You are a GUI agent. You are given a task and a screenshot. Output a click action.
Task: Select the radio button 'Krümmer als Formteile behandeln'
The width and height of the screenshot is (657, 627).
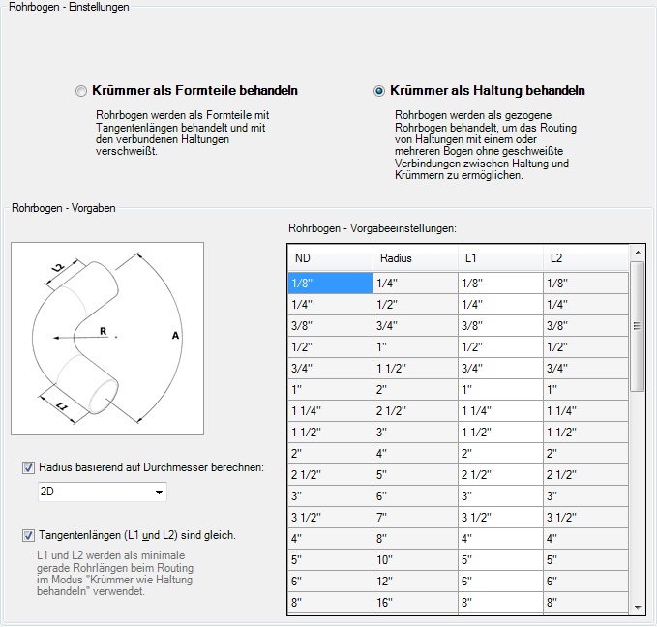81,91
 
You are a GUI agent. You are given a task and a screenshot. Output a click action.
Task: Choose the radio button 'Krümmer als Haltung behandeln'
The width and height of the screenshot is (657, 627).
379,91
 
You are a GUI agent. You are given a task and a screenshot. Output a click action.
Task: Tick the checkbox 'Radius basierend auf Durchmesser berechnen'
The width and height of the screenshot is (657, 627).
28,468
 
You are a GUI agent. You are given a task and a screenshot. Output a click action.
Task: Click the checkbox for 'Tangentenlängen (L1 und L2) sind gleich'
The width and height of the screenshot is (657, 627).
28,535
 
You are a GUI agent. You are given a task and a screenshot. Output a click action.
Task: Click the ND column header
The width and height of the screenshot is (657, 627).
330,258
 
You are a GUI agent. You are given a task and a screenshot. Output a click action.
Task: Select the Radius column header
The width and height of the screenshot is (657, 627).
415,258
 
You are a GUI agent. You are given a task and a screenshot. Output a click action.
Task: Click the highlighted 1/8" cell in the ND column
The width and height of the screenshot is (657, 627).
330,284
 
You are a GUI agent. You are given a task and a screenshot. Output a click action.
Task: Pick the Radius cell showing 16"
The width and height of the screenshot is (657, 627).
415,603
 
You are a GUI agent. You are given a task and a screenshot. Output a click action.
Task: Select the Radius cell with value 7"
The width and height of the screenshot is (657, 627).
415,518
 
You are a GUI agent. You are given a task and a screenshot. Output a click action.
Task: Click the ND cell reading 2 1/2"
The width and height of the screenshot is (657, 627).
330,475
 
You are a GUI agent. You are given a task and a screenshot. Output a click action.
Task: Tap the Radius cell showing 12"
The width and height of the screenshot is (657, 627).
415,582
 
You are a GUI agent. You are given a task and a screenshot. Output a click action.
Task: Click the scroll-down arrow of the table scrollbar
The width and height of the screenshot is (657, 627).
637,606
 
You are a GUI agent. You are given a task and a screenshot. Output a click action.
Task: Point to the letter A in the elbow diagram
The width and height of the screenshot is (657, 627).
175,335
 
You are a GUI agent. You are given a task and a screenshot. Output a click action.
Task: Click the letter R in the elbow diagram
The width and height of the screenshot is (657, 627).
103,331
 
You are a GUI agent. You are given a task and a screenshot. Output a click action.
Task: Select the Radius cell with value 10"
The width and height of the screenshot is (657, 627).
415,560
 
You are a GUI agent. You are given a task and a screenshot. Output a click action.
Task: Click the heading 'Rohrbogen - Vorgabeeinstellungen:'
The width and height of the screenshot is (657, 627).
373,228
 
